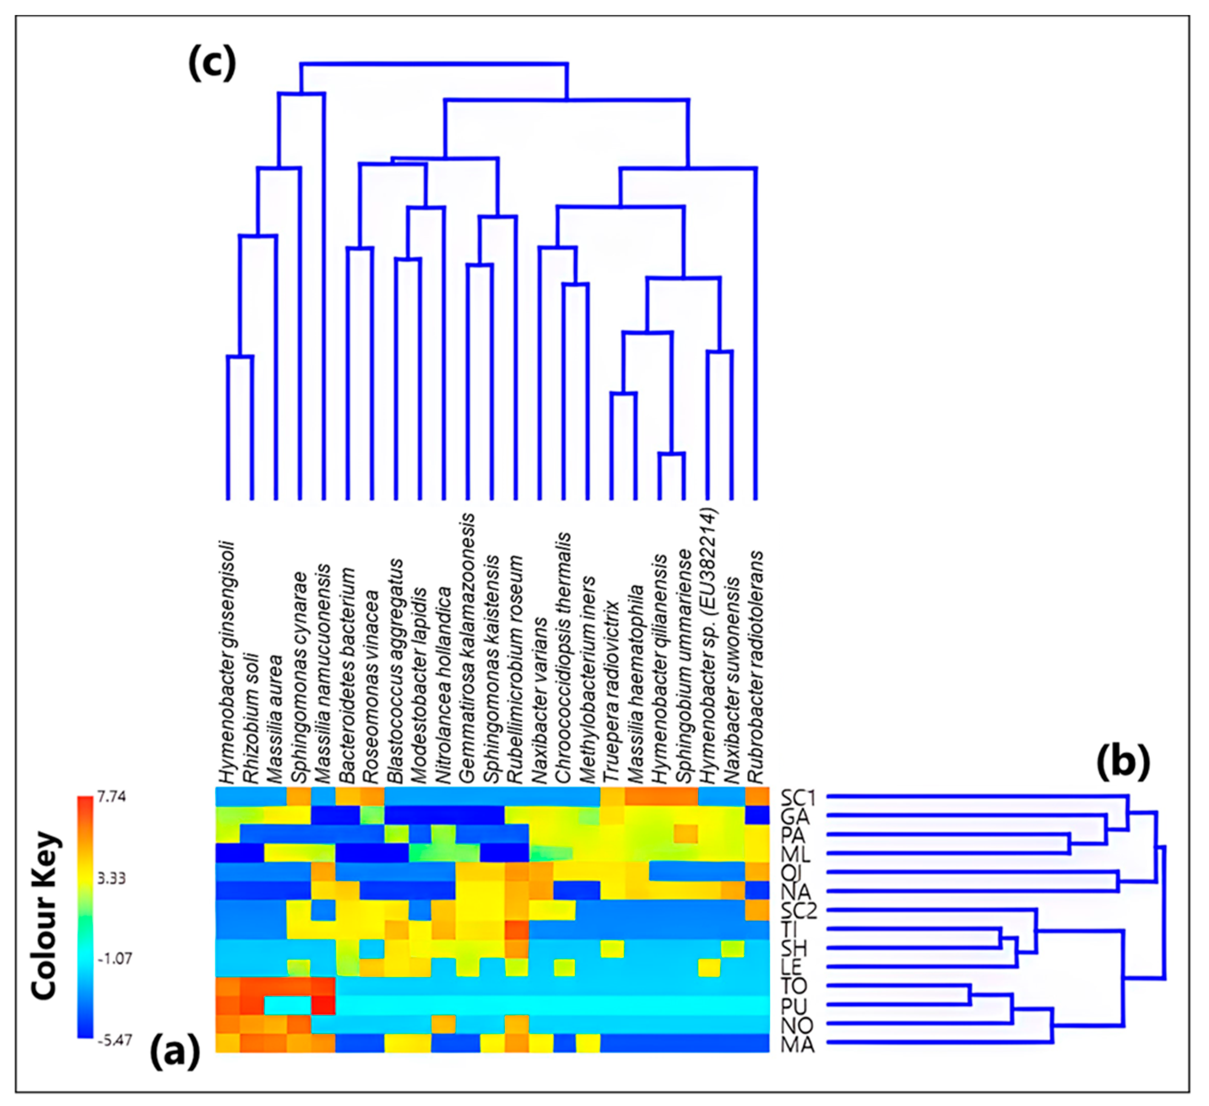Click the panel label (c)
(x=211, y=64)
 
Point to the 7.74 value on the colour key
(x=111, y=798)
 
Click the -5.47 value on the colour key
(x=114, y=1039)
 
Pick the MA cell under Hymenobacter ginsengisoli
(x=228, y=1043)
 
